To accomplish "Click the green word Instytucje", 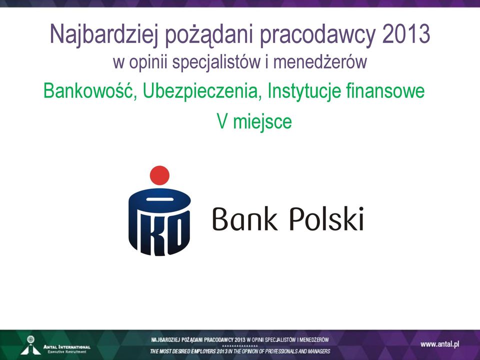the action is (x=304, y=91).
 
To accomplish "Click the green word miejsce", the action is (x=262, y=122).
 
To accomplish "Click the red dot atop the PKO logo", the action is (x=159, y=175).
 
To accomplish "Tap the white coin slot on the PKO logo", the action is (x=160, y=199).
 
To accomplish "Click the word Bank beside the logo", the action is (x=245, y=218).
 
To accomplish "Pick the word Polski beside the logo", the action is (x=326, y=218).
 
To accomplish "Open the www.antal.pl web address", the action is (x=440, y=344).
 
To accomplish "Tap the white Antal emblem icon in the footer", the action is (x=30, y=345).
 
